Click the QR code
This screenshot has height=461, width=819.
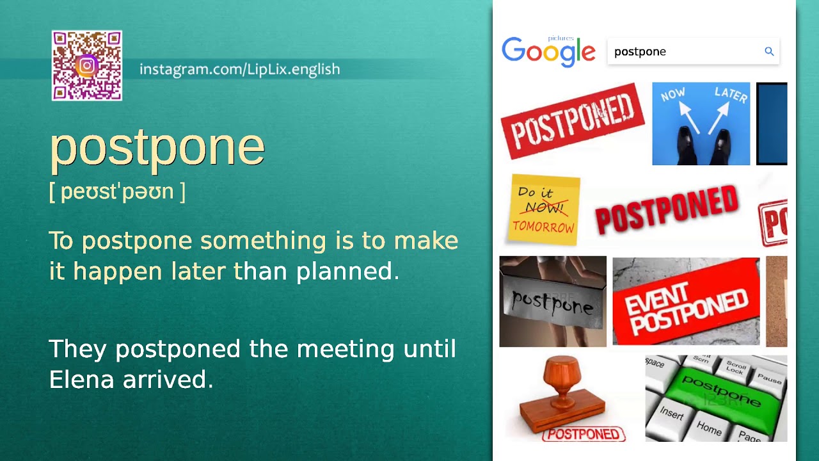click(x=87, y=65)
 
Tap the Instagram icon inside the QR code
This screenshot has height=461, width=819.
click(x=87, y=65)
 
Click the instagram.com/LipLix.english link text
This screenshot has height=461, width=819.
click(x=239, y=69)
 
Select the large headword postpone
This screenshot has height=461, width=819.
click(x=157, y=147)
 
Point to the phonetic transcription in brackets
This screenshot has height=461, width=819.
click(x=117, y=191)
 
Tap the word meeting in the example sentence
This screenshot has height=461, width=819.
click(x=346, y=349)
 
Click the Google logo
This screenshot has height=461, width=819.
click(x=548, y=51)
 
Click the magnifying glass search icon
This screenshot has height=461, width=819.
click(x=769, y=51)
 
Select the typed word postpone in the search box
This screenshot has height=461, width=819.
click(x=640, y=52)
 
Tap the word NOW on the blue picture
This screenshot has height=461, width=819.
click(x=672, y=95)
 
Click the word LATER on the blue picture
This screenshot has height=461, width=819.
click(x=731, y=95)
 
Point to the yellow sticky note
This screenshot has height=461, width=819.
click(x=544, y=209)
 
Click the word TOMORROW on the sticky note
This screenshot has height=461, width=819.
click(x=543, y=227)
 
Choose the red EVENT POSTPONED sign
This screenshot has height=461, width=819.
click(x=686, y=302)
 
